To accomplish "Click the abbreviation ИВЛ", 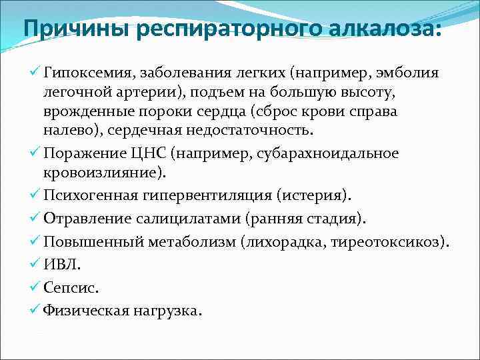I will [61, 265].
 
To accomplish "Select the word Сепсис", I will [71, 288].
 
